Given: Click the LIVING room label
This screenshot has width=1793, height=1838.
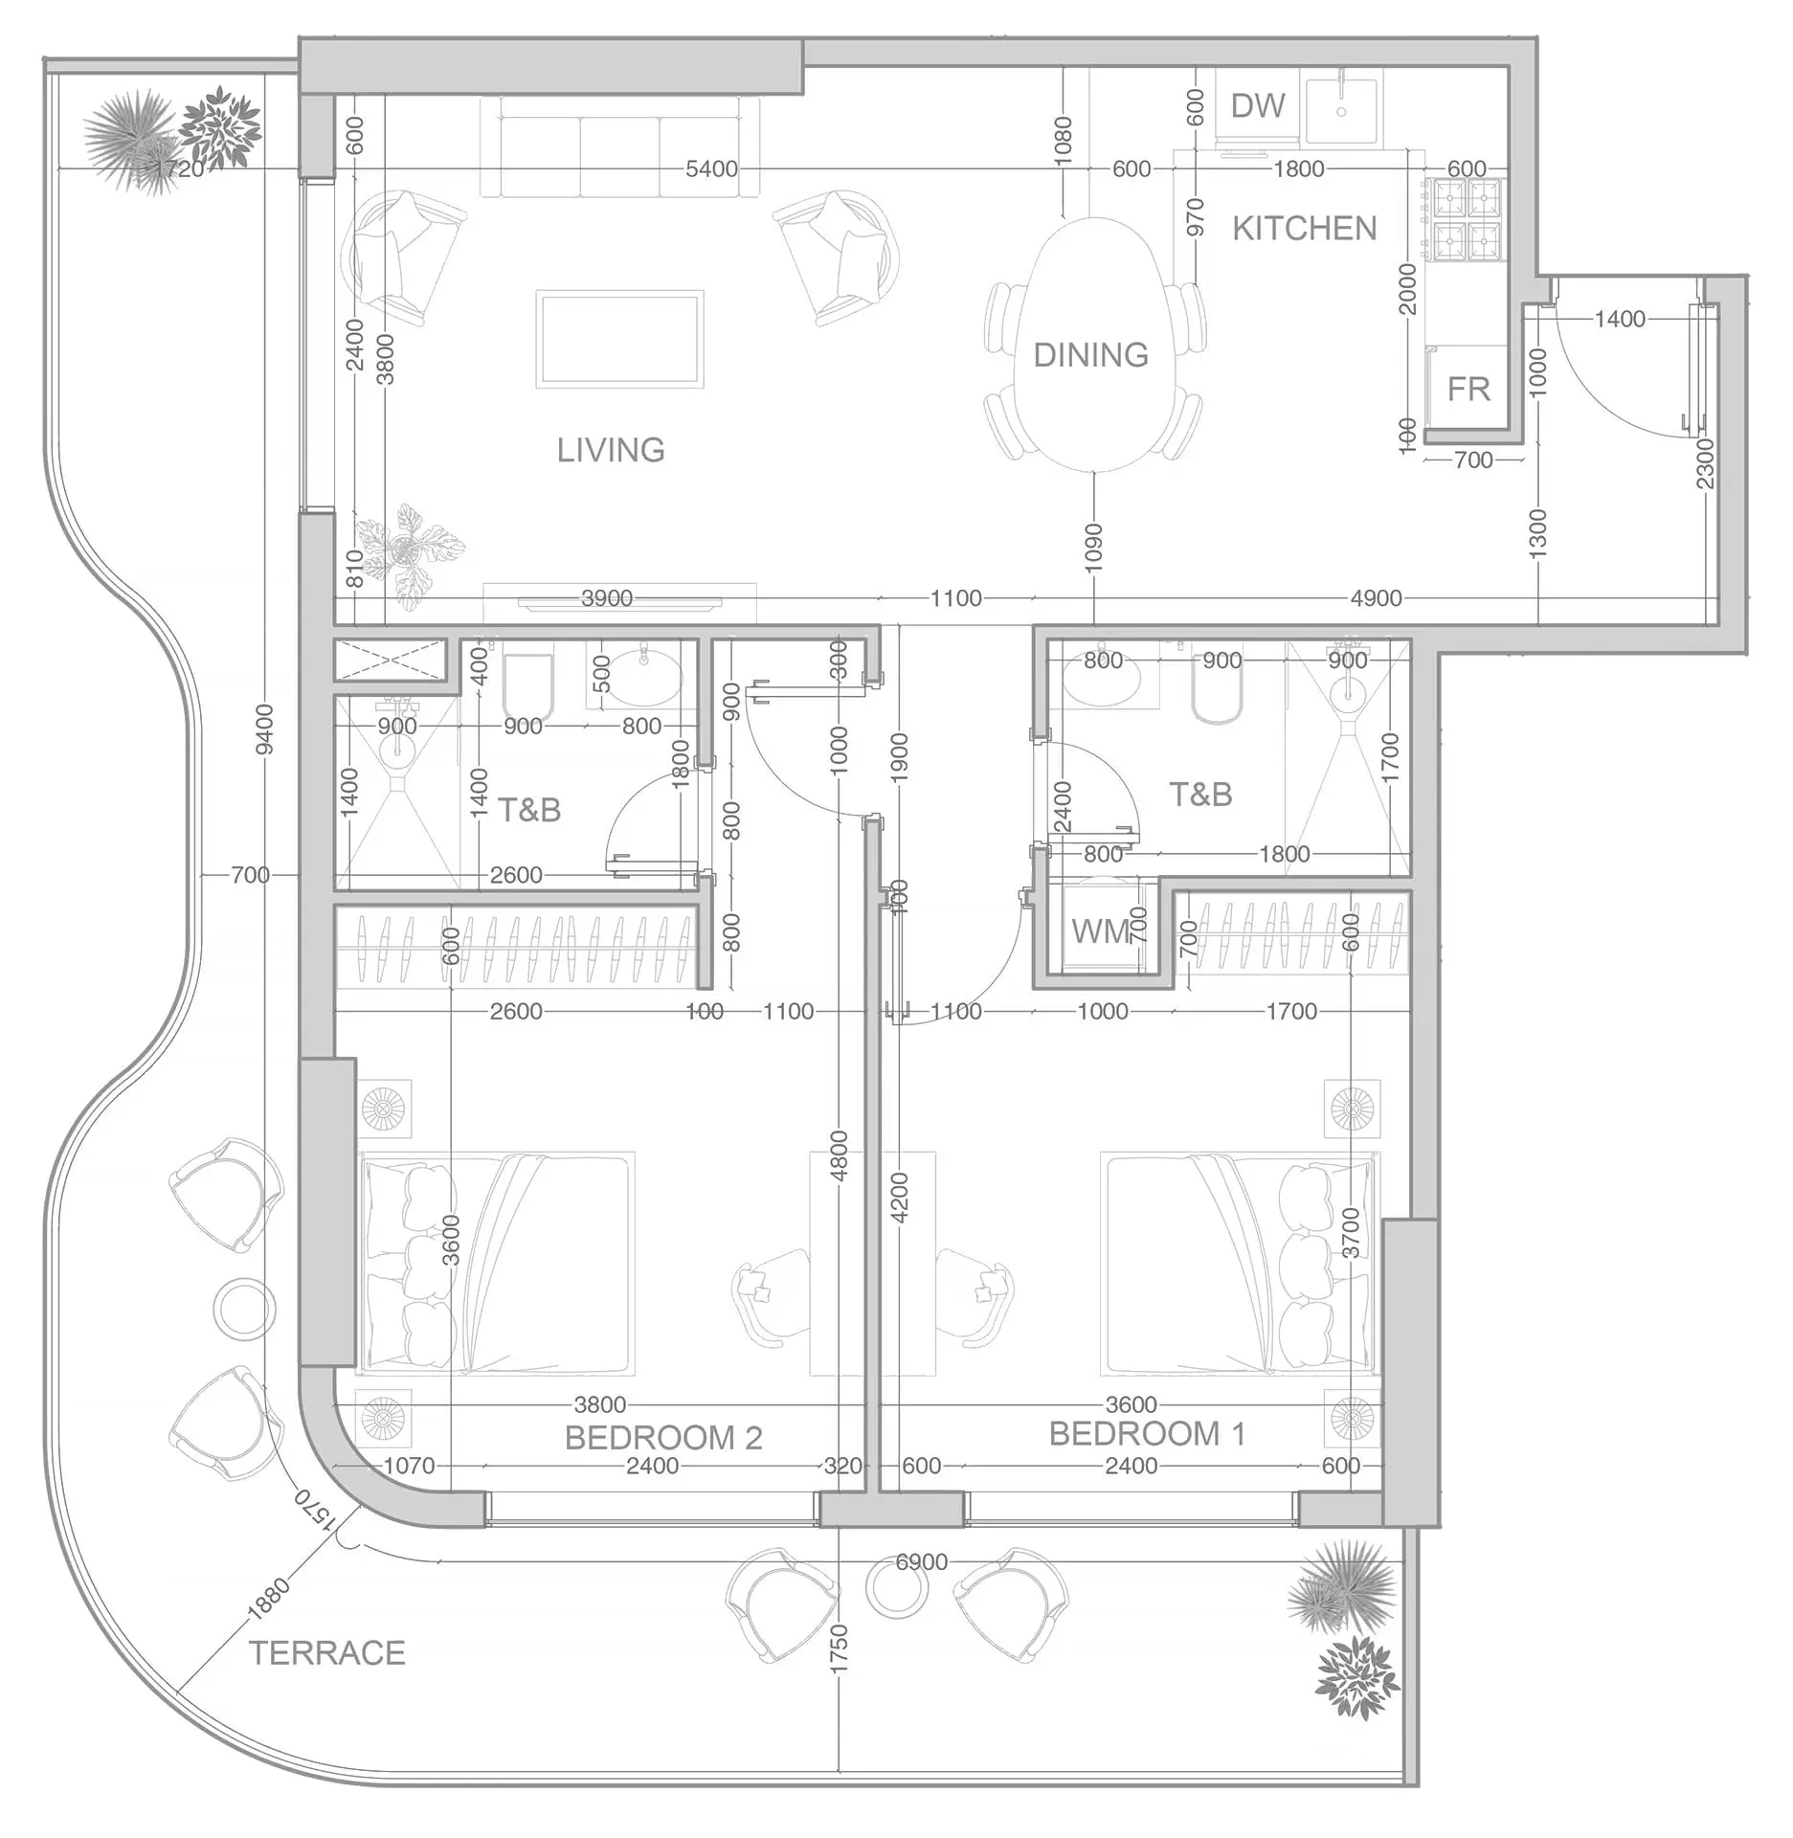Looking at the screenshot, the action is pyautogui.click(x=611, y=450).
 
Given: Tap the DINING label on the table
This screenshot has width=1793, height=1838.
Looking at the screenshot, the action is pyautogui.click(x=1090, y=355).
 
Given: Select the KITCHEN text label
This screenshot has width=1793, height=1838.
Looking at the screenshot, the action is pyautogui.click(x=1304, y=229).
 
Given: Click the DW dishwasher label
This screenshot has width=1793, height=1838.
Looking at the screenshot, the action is pyautogui.click(x=1257, y=105).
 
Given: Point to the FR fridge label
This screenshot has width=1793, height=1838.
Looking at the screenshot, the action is pyautogui.click(x=1468, y=390).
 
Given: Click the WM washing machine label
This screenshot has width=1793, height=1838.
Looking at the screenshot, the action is pyautogui.click(x=1101, y=930).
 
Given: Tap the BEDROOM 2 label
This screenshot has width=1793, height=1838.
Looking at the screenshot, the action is pyautogui.click(x=663, y=1437).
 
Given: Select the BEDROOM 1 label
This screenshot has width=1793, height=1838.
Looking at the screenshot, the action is pyautogui.click(x=1147, y=1433).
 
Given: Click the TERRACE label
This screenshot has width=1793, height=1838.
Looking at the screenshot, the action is pyautogui.click(x=327, y=1652).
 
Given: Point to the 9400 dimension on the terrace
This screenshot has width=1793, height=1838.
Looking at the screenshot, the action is pyautogui.click(x=265, y=729).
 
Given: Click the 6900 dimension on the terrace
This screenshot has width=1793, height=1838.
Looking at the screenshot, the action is pyautogui.click(x=921, y=1561).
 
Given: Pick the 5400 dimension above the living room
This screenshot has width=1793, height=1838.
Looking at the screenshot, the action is pyautogui.click(x=711, y=169).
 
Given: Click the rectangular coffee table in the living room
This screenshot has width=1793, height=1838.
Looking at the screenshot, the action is pyautogui.click(x=619, y=339).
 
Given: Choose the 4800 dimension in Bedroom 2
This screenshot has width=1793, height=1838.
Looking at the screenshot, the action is pyautogui.click(x=839, y=1155).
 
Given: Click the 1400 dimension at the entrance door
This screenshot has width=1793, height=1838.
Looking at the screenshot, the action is pyautogui.click(x=1620, y=319).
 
